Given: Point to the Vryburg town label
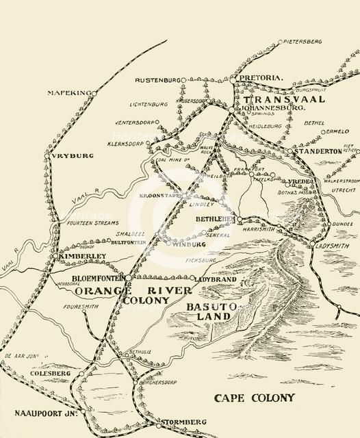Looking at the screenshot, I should pos(73,156).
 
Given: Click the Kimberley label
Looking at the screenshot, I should pos(84,256).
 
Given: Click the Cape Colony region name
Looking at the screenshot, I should pos(254,398).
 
